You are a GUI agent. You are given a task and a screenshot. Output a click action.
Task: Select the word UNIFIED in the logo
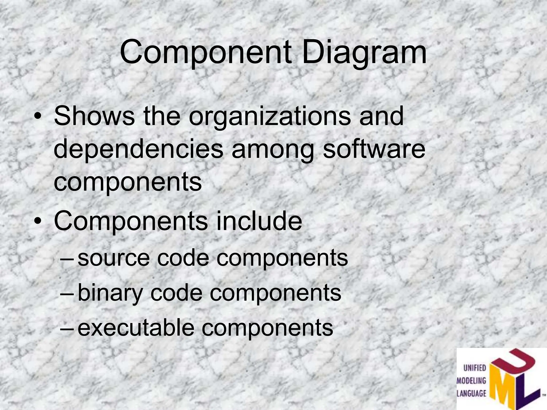click(x=475, y=368)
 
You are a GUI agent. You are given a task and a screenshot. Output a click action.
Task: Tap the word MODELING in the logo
click(x=472, y=381)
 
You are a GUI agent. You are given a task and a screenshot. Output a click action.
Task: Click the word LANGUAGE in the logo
click(x=472, y=393)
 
